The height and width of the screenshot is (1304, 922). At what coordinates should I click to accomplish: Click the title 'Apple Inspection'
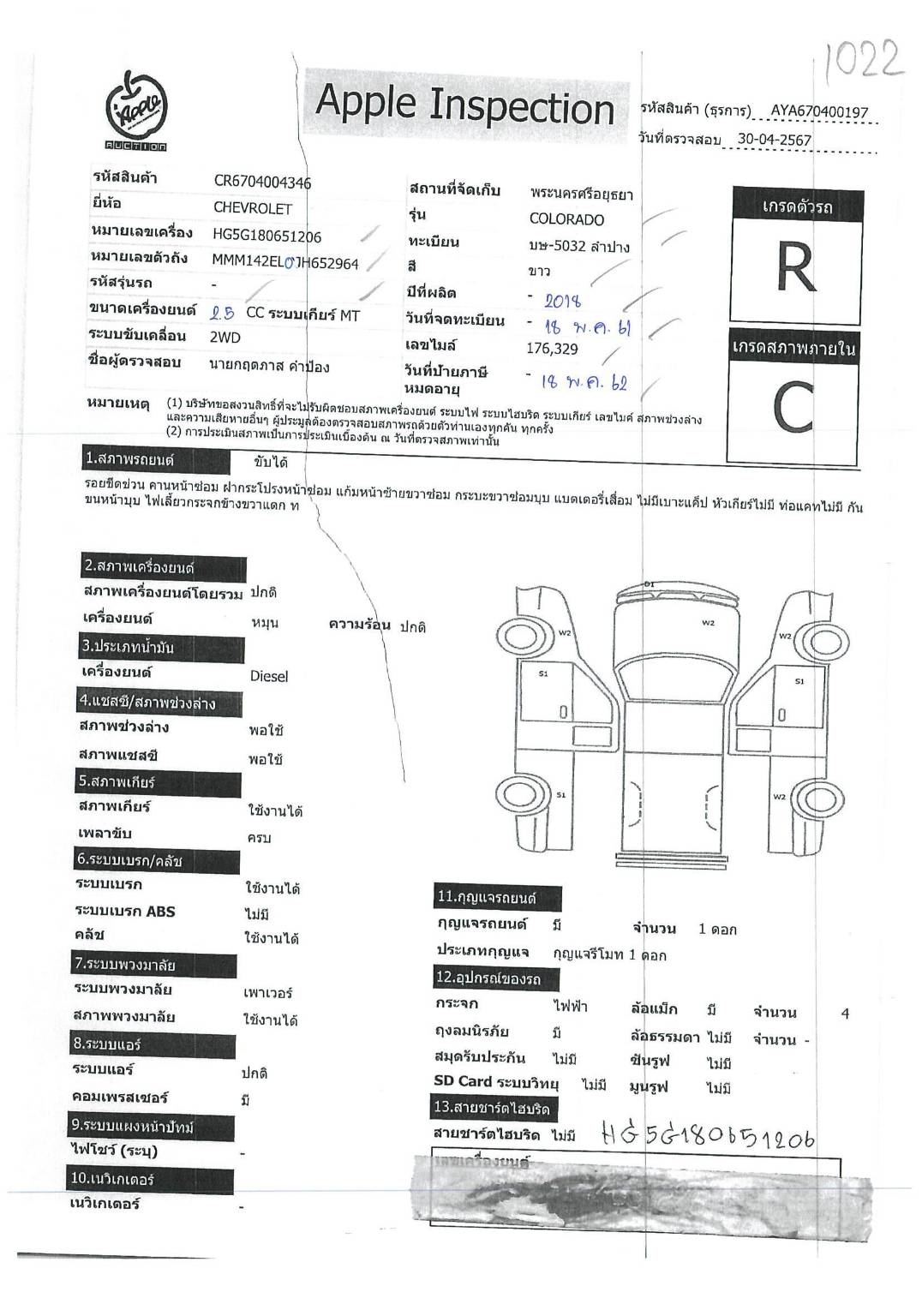click(x=464, y=106)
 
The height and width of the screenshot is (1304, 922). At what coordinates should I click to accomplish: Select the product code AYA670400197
click(x=818, y=111)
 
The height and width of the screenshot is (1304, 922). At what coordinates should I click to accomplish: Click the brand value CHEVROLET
click(x=252, y=208)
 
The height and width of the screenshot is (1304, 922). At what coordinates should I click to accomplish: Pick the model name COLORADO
click(x=566, y=219)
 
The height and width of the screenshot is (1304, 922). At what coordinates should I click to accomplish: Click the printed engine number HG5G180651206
click(x=266, y=236)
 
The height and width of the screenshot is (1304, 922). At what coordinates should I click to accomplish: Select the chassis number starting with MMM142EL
click(x=284, y=262)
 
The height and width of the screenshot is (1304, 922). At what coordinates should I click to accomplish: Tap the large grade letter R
click(x=794, y=268)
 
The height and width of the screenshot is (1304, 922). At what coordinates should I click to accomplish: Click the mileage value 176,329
click(x=552, y=349)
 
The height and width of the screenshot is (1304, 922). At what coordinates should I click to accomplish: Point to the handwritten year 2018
click(x=562, y=301)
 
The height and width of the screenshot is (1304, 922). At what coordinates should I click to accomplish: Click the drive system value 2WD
click(x=225, y=338)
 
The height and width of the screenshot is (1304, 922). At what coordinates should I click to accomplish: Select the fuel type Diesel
click(x=268, y=676)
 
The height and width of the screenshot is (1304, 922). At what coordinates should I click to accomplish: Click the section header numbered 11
click(x=487, y=898)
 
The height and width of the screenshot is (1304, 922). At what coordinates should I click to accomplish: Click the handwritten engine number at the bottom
click(x=706, y=1137)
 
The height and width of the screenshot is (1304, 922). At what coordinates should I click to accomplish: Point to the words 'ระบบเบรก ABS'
click(x=124, y=912)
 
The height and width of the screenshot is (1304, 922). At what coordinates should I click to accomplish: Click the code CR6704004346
click(x=262, y=182)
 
